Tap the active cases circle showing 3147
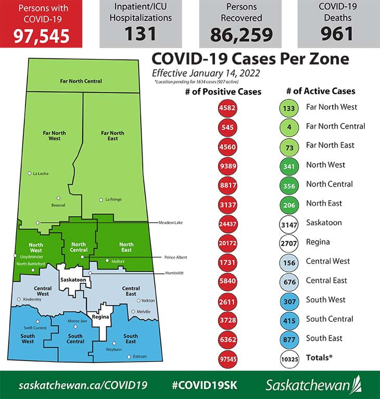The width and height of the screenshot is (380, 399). pos(288,223)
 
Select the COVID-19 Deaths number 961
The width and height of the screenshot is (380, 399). pos(338,33)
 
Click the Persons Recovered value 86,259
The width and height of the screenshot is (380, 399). pos(241,34)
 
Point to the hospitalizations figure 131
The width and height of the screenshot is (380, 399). pos(141,33)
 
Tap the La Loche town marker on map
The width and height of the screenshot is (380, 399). pos(30,173)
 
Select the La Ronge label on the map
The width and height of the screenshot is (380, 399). pos(113,199)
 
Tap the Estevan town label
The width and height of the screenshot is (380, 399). pos(140,356)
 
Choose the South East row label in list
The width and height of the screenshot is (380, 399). pos(324,338)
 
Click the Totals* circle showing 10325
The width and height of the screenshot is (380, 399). pos(288,358)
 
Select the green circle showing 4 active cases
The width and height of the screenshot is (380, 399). pos(288,127)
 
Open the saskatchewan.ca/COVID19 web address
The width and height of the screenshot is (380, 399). pos(83,385)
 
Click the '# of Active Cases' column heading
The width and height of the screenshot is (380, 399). pos(321,91)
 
